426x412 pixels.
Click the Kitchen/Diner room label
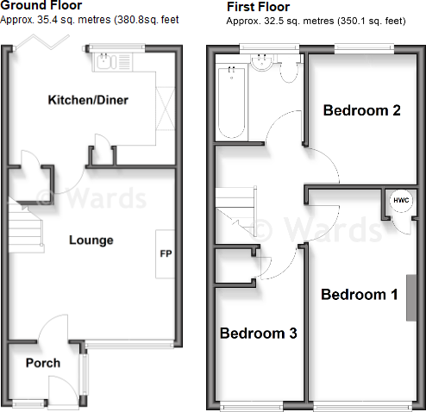[x=88, y=100]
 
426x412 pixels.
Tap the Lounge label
[x=91, y=240]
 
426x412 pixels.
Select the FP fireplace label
[x=166, y=253]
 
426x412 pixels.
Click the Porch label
[x=43, y=363]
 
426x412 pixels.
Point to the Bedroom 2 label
[x=362, y=110]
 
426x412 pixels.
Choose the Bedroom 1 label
[x=360, y=295]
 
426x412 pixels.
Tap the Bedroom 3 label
[x=259, y=334]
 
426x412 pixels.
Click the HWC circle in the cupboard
[x=401, y=200]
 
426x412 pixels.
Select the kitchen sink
[x=106, y=62]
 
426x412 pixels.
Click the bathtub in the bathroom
[x=232, y=103]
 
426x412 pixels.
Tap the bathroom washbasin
[x=261, y=62]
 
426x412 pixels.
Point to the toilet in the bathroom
[x=289, y=72]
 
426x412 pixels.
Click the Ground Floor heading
[x=41, y=5]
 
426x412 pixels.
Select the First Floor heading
[x=258, y=7]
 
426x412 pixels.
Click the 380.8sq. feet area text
[x=147, y=20]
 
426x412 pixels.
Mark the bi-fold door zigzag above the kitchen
[x=42, y=42]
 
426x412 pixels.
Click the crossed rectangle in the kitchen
[x=166, y=109]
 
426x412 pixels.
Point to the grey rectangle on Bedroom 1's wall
[x=411, y=297]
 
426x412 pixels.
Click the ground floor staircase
[x=26, y=227]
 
